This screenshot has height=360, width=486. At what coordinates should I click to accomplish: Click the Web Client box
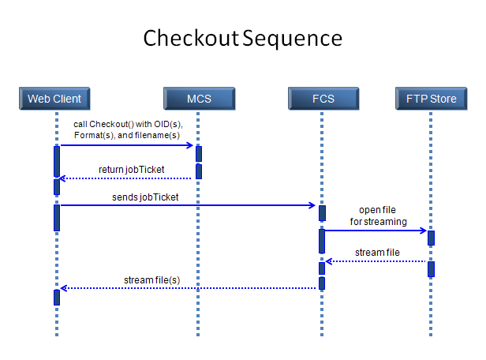54,99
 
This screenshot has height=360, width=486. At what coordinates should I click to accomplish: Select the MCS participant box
200,99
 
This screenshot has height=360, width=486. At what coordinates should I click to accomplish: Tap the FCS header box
323,99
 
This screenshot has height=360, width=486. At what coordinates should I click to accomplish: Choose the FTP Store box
431,99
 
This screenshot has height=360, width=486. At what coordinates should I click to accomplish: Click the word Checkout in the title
191,38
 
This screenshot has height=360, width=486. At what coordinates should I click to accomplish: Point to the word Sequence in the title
292,39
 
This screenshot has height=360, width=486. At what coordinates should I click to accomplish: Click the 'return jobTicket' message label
132,170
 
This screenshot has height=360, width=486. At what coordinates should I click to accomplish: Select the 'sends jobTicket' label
145,197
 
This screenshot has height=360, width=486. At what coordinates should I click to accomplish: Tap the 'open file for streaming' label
378,216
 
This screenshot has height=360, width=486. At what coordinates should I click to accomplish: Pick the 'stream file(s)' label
151,280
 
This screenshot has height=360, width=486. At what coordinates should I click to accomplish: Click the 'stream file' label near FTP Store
377,253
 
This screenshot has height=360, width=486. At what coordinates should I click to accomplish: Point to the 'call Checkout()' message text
128,129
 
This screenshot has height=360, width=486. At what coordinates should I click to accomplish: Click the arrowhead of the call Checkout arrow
191,145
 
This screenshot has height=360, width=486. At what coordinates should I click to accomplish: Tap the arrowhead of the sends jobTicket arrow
312,205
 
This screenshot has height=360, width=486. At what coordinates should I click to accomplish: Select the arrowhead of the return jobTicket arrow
62,178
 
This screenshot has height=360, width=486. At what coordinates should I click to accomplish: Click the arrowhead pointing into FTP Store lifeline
424,231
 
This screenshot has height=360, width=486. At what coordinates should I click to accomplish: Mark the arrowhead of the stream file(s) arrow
64,288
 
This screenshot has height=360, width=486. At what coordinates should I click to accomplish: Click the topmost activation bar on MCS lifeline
199,154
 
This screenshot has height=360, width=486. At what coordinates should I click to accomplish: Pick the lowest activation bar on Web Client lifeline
57,298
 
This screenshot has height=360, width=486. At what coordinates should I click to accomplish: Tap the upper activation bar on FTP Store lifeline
431,238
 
